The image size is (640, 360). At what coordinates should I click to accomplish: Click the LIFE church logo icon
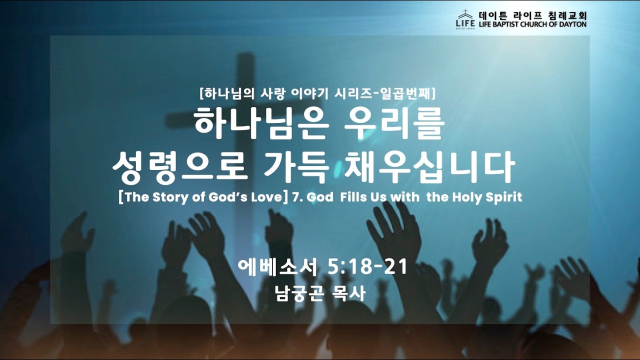(x=465, y=19)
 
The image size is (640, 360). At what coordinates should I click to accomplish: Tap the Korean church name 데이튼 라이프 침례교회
(x=532, y=15)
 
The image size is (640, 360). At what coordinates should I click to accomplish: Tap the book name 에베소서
(x=277, y=267)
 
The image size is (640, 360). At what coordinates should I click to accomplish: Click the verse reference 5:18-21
(x=367, y=267)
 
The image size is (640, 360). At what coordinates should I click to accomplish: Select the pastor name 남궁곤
(x=297, y=293)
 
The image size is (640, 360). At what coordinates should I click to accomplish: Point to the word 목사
(x=347, y=293)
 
